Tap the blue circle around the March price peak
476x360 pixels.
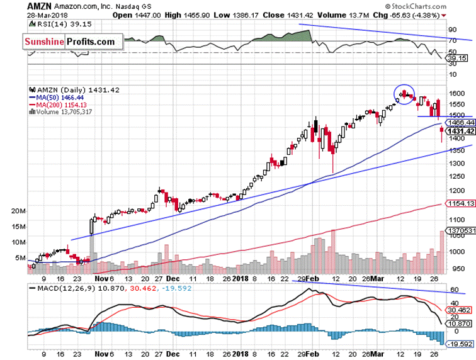tap(404, 93)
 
